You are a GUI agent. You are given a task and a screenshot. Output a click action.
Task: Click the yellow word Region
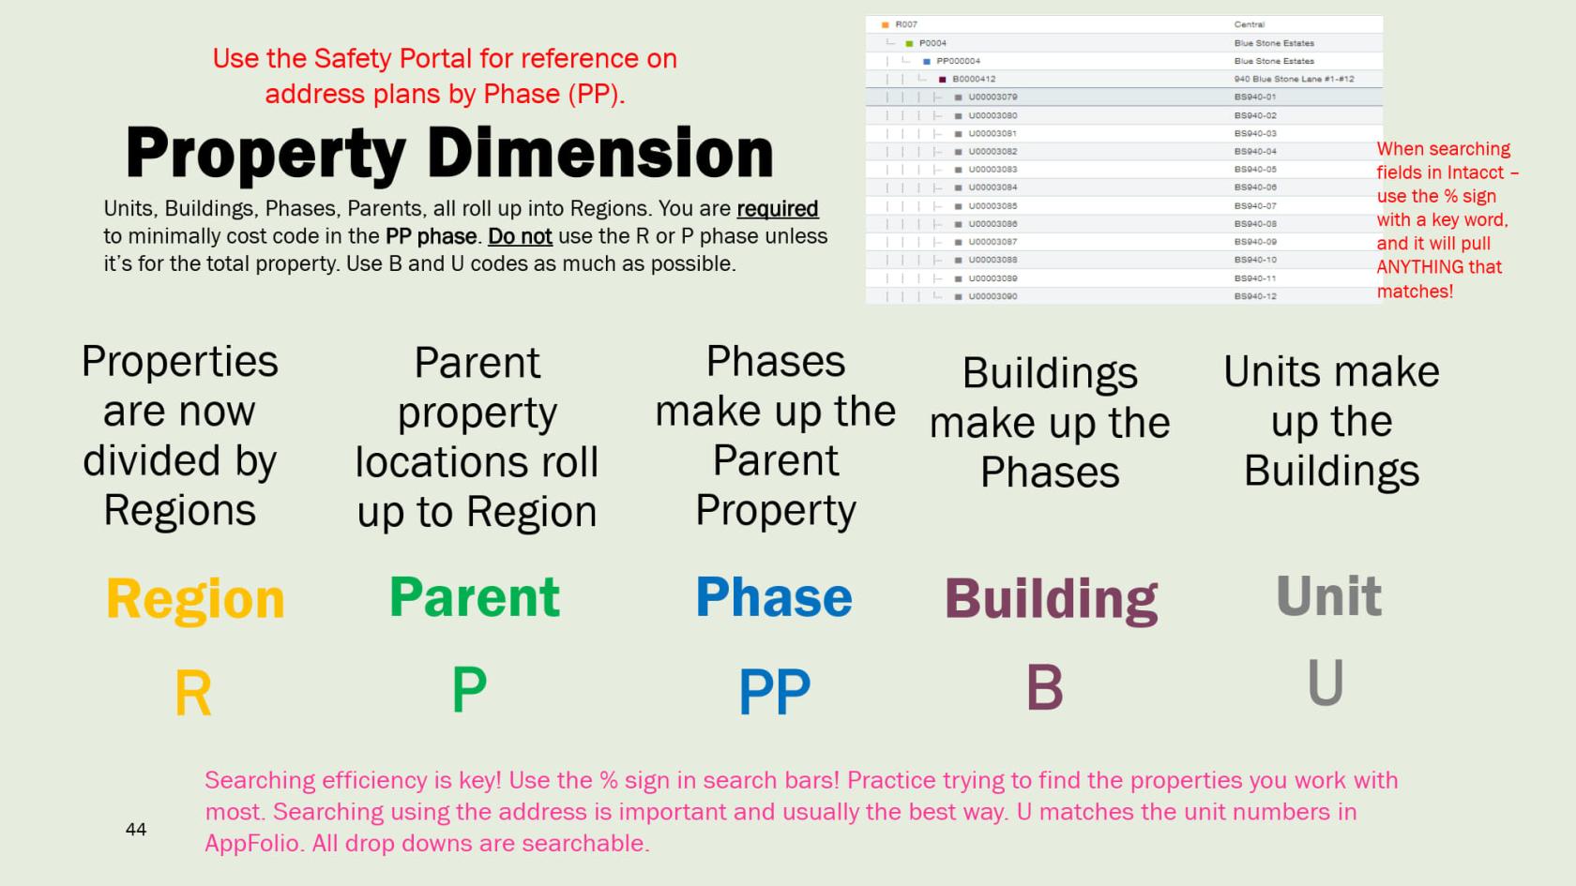point(195,599)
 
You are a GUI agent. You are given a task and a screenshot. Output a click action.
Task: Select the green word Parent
point(475,597)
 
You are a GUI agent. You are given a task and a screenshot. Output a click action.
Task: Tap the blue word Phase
point(774,597)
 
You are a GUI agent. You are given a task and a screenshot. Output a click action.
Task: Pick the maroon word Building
point(1051,599)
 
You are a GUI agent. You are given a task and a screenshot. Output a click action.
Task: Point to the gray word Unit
point(1328,595)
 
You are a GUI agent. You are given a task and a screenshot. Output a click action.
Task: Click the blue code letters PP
point(774,692)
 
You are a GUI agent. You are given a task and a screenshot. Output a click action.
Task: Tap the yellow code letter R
point(193,695)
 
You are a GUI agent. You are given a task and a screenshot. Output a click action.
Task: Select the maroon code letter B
point(1044,688)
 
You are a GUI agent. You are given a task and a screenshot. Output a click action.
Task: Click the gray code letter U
point(1326,683)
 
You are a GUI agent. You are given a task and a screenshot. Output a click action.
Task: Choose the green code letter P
point(469,689)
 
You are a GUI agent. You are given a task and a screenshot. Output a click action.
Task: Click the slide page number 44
point(136,829)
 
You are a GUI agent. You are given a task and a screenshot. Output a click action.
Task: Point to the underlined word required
point(777,208)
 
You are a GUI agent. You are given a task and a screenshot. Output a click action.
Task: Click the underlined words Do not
point(520,236)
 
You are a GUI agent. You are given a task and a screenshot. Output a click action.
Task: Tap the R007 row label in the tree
point(906,24)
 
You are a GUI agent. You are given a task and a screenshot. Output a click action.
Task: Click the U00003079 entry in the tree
point(993,97)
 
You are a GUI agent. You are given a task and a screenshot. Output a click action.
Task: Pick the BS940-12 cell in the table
point(1255,296)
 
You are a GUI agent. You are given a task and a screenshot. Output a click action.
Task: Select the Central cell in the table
point(1249,24)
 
